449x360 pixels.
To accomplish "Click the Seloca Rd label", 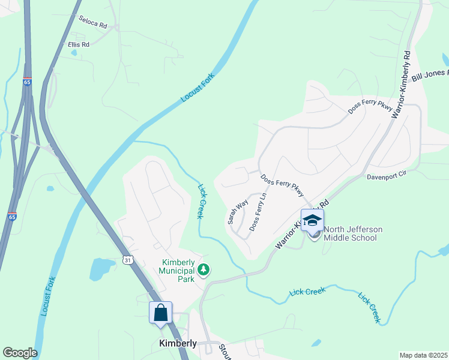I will (x=92, y=23).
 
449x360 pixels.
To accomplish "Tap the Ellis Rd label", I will (x=79, y=44).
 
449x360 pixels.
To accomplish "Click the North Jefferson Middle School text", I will (x=352, y=233).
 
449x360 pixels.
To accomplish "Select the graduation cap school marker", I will (x=312, y=220).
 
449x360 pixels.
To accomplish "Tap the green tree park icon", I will (x=204, y=270).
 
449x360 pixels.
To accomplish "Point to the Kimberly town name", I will (x=178, y=343).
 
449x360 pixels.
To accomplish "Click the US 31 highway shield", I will (x=127, y=260).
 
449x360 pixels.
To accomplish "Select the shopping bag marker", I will (x=160, y=313).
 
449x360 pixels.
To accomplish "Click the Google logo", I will (x=19, y=353).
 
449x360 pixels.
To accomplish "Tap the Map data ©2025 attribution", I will (x=423, y=355).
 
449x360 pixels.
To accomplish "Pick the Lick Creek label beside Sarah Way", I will (x=202, y=200).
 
